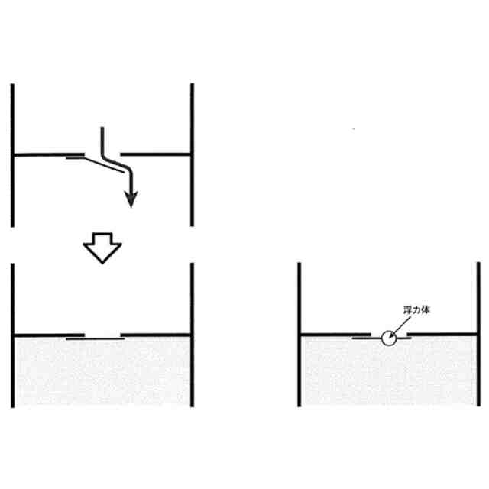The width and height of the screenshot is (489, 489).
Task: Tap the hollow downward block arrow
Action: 102,248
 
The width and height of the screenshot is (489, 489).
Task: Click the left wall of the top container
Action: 13,153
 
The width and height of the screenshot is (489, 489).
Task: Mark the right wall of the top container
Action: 191,153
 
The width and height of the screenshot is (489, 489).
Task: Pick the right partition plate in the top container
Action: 157,154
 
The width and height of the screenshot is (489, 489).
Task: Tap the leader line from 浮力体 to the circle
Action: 398,325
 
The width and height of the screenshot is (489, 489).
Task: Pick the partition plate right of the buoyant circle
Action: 443,335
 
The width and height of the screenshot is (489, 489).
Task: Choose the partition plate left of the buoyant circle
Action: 336,335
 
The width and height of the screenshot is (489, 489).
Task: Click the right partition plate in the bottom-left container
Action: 157,335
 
